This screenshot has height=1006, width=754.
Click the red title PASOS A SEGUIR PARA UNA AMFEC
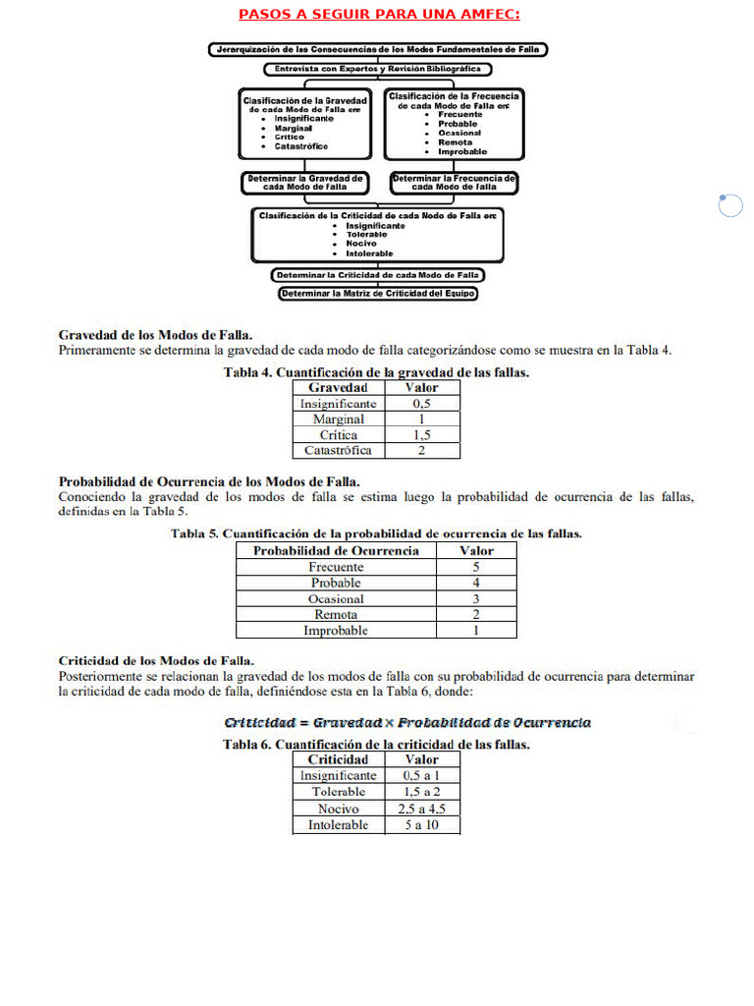(379, 14)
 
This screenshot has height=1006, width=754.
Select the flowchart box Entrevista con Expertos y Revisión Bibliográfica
(378, 70)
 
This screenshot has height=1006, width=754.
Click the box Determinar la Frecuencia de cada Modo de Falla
(453, 183)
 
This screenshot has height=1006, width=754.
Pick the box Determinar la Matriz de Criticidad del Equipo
(378, 293)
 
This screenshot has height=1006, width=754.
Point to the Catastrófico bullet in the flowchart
(301, 146)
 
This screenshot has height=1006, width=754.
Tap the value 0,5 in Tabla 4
(422, 404)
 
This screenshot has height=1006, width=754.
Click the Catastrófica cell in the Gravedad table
(338, 451)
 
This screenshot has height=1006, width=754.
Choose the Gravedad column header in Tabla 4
(338, 387)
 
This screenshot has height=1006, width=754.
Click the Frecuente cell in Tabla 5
(336, 567)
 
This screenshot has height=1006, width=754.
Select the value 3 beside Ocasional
(476, 599)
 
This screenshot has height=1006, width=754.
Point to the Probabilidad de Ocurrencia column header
(336, 550)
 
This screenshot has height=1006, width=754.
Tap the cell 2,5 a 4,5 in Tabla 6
(422, 809)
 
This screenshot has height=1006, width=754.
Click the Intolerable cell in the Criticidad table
(339, 825)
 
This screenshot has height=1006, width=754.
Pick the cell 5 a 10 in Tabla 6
(422, 825)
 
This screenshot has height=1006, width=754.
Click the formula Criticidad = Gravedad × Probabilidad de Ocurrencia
(407, 723)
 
